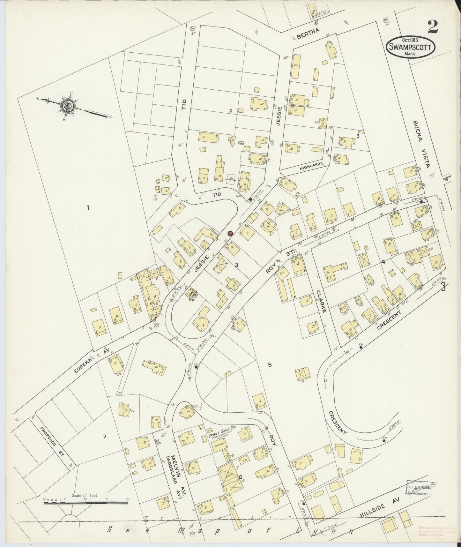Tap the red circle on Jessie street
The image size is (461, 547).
click(x=230, y=233)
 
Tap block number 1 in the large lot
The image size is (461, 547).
click(x=87, y=208)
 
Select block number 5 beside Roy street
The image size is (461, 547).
click(x=270, y=364)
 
